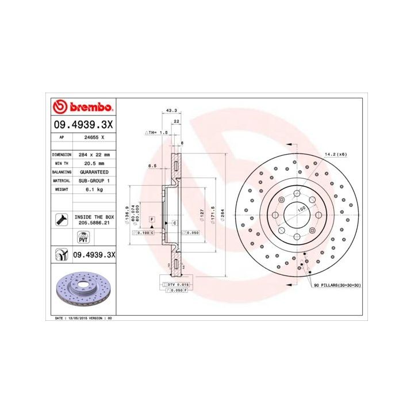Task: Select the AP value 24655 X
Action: click(94, 138)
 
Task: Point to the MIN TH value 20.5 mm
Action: click(94, 163)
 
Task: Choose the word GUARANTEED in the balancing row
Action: click(94, 172)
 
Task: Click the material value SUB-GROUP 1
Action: click(94, 181)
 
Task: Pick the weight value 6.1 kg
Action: click(94, 189)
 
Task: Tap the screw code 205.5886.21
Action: click(94, 221)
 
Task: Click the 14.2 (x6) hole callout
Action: click(336, 154)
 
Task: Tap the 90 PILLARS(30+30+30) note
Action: click(338, 285)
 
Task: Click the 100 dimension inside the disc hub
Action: click(301, 210)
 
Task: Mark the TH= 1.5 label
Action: click(156, 132)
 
